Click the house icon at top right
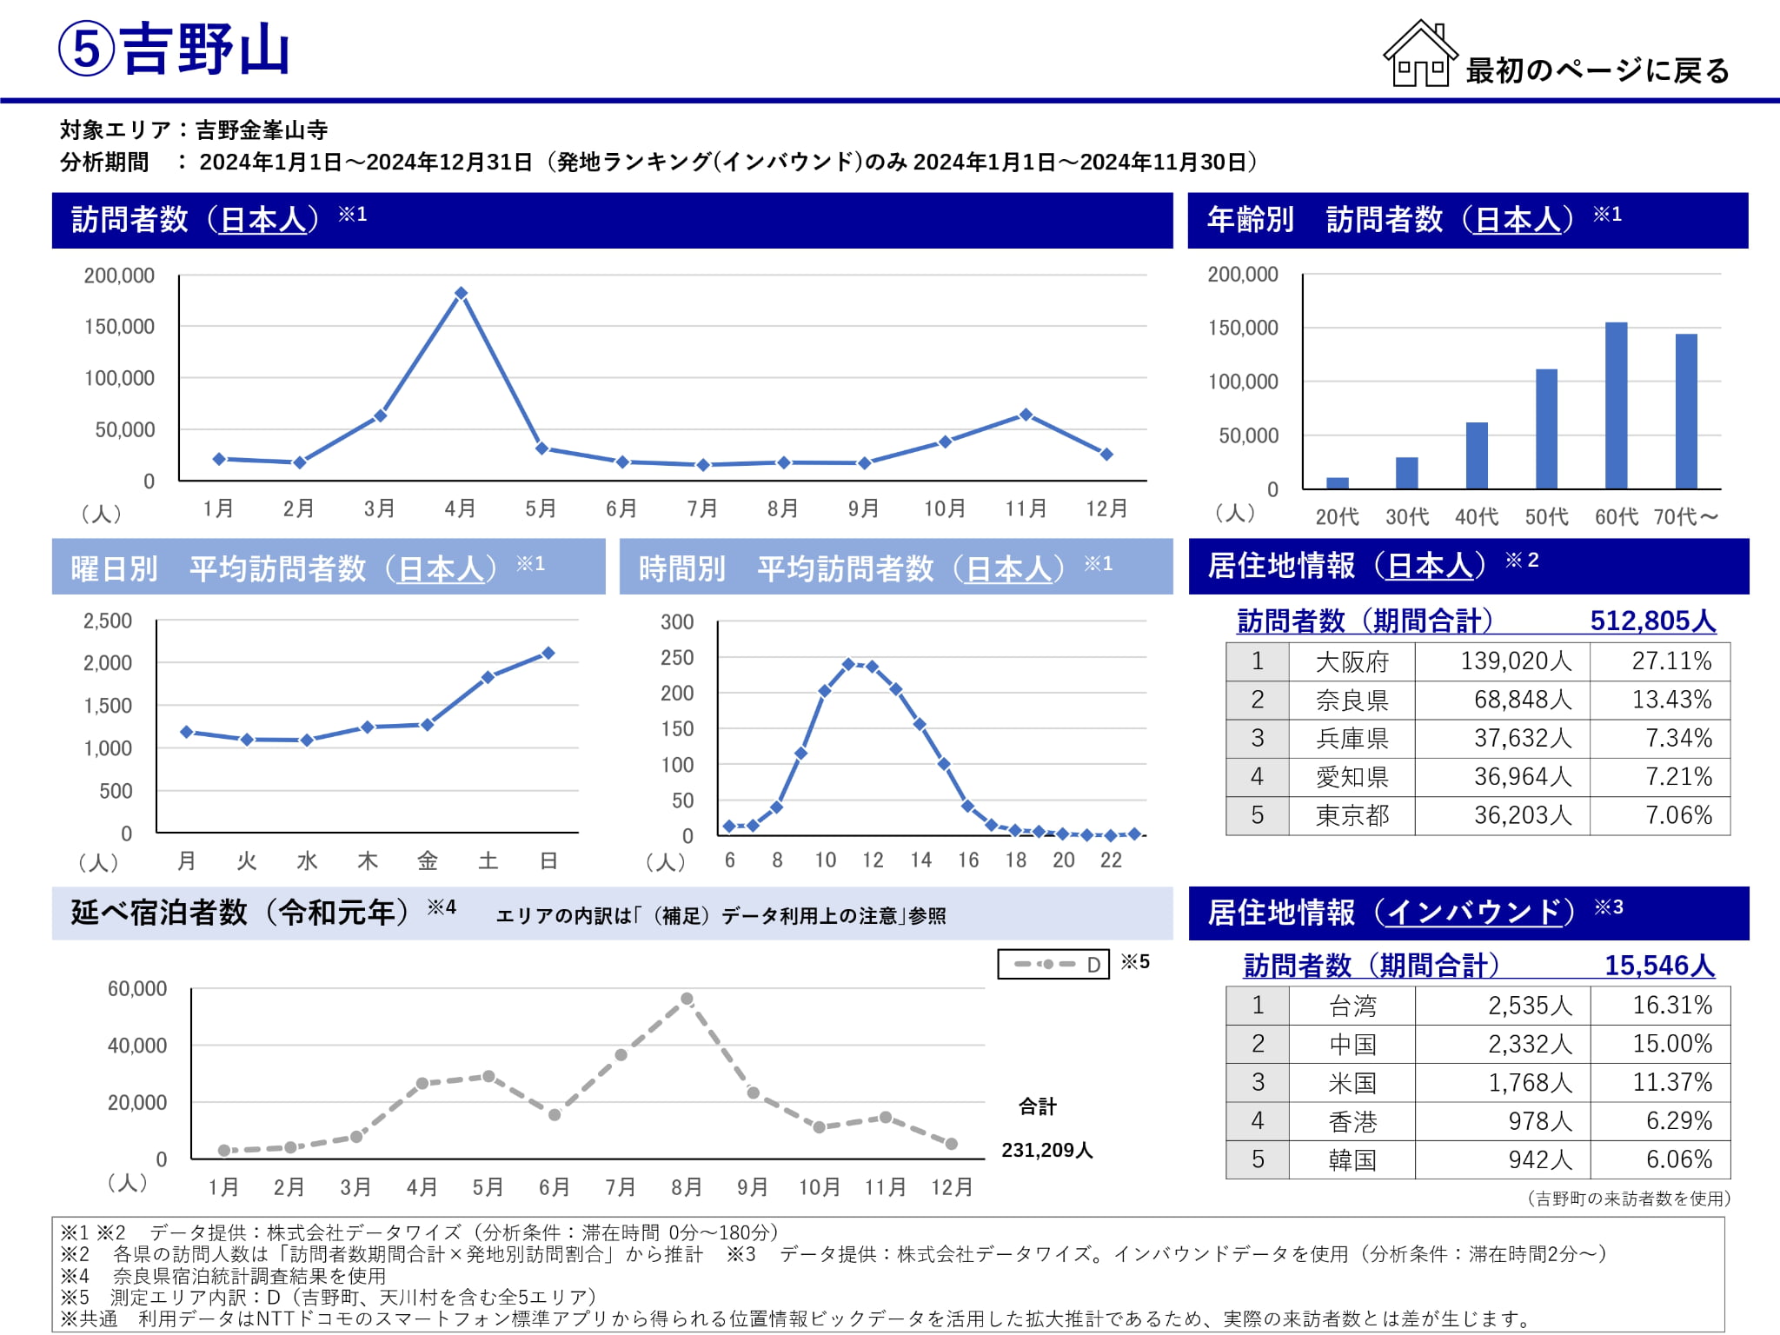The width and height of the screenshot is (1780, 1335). [1419, 54]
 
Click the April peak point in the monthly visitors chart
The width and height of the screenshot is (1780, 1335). [461, 294]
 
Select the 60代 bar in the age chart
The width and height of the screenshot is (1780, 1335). [1616, 405]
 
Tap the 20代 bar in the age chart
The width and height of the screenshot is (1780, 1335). [1338, 483]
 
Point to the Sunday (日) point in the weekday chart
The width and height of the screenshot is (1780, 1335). [548, 653]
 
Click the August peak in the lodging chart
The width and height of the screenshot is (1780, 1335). [687, 1000]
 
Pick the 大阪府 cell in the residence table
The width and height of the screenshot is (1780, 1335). [1352, 662]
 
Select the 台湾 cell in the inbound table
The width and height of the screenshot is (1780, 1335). [1352, 1006]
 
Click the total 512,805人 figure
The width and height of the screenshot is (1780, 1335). [1652, 621]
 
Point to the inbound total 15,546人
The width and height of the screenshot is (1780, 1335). [1658, 966]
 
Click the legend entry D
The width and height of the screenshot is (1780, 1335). [1053, 964]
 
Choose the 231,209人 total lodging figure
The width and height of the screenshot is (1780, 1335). [1046, 1151]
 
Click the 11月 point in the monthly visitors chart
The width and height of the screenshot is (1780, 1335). [1026, 415]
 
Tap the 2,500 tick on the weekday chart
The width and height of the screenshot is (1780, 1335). [108, 621]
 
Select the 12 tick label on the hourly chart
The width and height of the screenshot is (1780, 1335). [873, 860]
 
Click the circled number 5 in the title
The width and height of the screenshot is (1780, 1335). [86, 50]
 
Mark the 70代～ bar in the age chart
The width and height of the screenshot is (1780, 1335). [1686, 411]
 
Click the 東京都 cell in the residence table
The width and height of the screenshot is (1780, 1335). [1352, 816]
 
